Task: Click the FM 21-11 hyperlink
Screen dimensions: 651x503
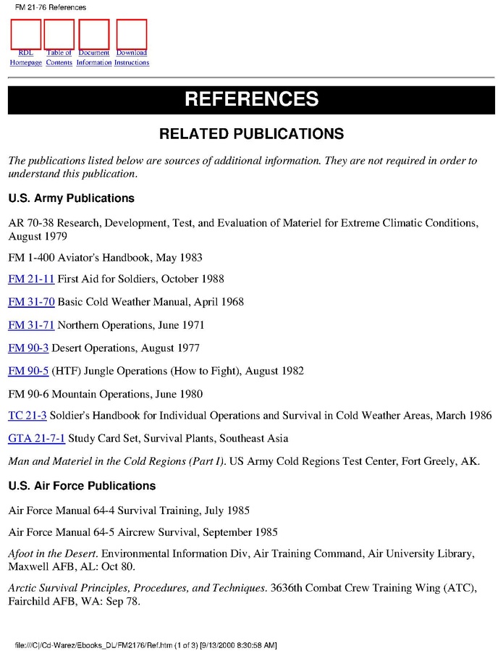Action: [x=31, y=279]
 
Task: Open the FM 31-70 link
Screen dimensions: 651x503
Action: [x=31, y=302]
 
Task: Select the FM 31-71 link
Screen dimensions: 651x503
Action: [x=31, y=325]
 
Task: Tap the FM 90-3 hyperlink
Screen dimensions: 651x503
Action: [x=28, y=348]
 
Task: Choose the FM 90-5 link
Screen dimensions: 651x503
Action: [x=28, y=371]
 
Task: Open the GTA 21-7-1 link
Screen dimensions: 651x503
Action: [x=36, y=438]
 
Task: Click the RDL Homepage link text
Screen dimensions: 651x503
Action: [x=25, y=57]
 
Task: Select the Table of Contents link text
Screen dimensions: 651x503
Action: [x=59, y=57]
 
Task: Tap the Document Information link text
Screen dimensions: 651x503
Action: [x=94, y=57]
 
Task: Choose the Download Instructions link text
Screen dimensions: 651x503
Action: [x=132, y=57]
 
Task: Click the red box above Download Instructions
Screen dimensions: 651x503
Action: [x=132, y=34]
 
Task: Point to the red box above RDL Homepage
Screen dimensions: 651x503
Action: [x=26, y=34]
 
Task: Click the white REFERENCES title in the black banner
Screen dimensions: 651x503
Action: [x=251, y=99]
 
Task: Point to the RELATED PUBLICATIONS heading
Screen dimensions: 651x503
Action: [x=251, y=134]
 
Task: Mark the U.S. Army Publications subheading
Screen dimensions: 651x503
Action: [x=71, y=198]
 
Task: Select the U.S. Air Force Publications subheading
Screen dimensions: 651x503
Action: [x=82, y=486]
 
